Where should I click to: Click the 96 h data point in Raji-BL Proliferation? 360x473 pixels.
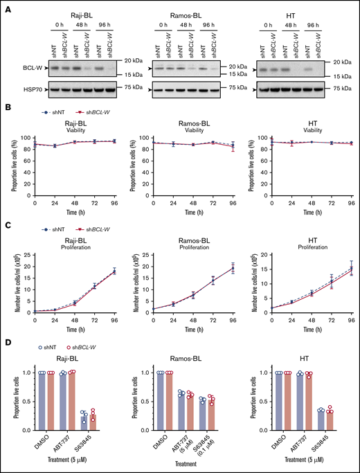[x=114, y=271]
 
